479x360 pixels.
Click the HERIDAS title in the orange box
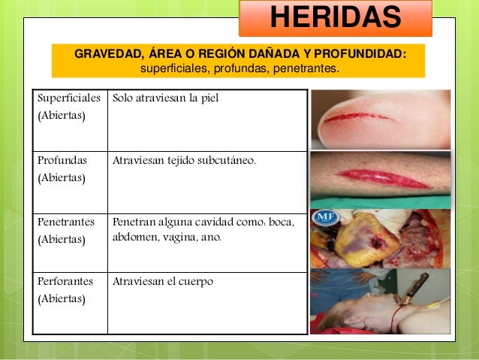pyautogui.click(x=335, y=18)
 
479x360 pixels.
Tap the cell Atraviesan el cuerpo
pyautogui.click(x=163, y=282)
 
